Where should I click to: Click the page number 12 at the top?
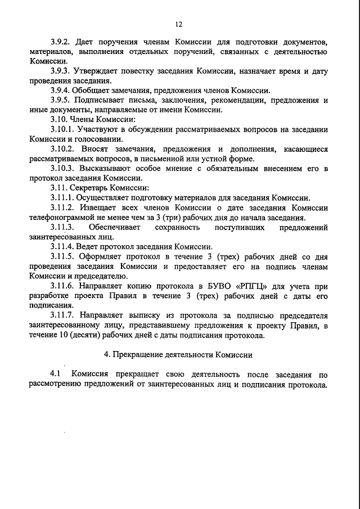179,24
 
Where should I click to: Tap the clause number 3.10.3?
62,168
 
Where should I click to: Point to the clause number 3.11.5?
62,258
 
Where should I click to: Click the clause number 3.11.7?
62,316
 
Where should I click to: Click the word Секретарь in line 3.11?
90,188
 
